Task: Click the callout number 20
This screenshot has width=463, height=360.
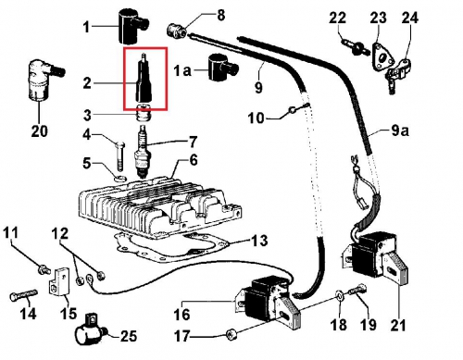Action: click(40, 130)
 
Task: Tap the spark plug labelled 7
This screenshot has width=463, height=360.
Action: click(142, 152)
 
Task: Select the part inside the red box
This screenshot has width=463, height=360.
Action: click(144, 78)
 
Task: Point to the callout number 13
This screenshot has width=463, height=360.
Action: click(259, 240)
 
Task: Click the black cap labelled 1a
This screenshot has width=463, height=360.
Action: click(220, 68)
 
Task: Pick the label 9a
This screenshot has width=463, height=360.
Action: click(400, 130)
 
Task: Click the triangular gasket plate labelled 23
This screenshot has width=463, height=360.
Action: click(382, 58)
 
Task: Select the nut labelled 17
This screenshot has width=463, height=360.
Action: click(231, 334)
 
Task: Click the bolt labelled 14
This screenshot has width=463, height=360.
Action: click(23, 295)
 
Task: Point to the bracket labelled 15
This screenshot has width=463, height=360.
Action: click(59, 280)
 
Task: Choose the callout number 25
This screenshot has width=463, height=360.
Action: click(128, 335)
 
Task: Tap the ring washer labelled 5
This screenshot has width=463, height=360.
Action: click(120, 179)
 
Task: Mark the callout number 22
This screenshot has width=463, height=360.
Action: click(337, 18)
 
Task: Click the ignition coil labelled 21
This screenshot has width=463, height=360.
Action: click(375, 256)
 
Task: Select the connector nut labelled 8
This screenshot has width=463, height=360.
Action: click(177, 31)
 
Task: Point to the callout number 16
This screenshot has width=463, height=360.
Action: click(181, 315)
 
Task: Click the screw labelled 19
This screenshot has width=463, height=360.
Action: click(358, 291)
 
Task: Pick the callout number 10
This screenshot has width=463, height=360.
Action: click(257, 118)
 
